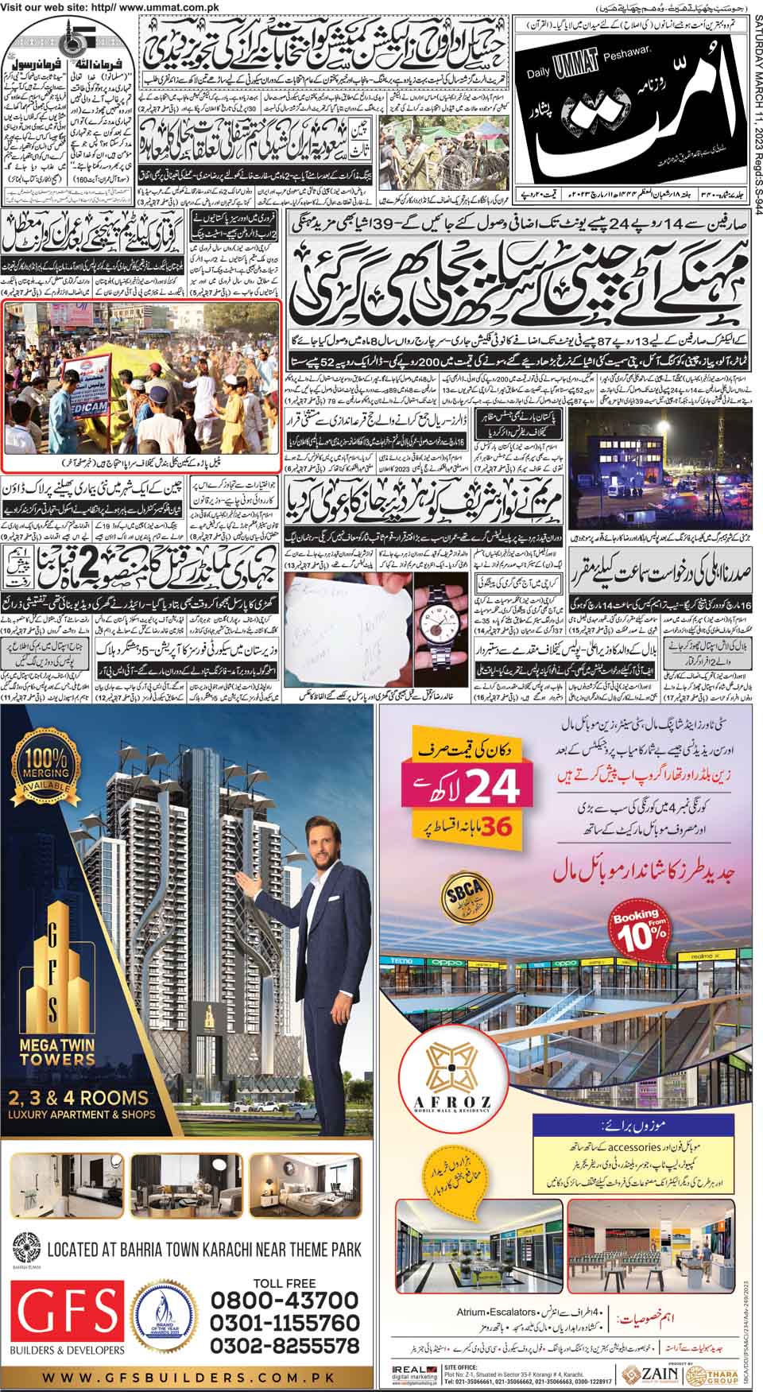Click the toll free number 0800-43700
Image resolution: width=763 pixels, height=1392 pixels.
tap(284, 1300)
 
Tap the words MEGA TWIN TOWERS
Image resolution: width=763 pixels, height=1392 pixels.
tap(53, 1050)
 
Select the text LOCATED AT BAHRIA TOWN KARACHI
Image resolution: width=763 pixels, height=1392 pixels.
tap(203, 1250)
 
